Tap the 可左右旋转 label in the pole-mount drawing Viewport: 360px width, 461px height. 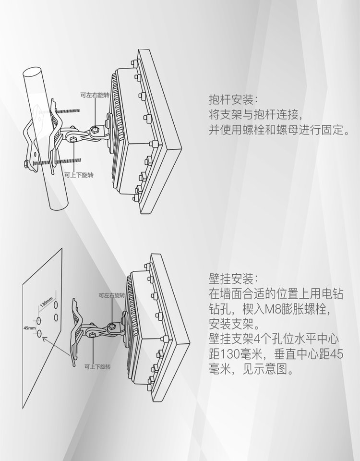tap(95, 95)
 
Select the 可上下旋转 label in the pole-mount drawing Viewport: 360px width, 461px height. tap(79, 175)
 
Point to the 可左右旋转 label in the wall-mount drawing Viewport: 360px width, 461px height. tap(112, 295)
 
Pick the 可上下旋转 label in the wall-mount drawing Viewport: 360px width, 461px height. tap(97, 366)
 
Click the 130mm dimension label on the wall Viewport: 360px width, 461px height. tap(46, 302)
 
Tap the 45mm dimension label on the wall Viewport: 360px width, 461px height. tap(29, 328)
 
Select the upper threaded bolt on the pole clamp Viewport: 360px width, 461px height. tap(68, 111)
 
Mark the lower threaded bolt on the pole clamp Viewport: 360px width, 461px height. tap(57, 161)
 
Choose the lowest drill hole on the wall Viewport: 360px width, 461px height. tap(39, 334)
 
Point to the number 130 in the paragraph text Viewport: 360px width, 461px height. tap(230, 354)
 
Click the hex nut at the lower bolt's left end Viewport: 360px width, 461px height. tap(26, 164)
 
